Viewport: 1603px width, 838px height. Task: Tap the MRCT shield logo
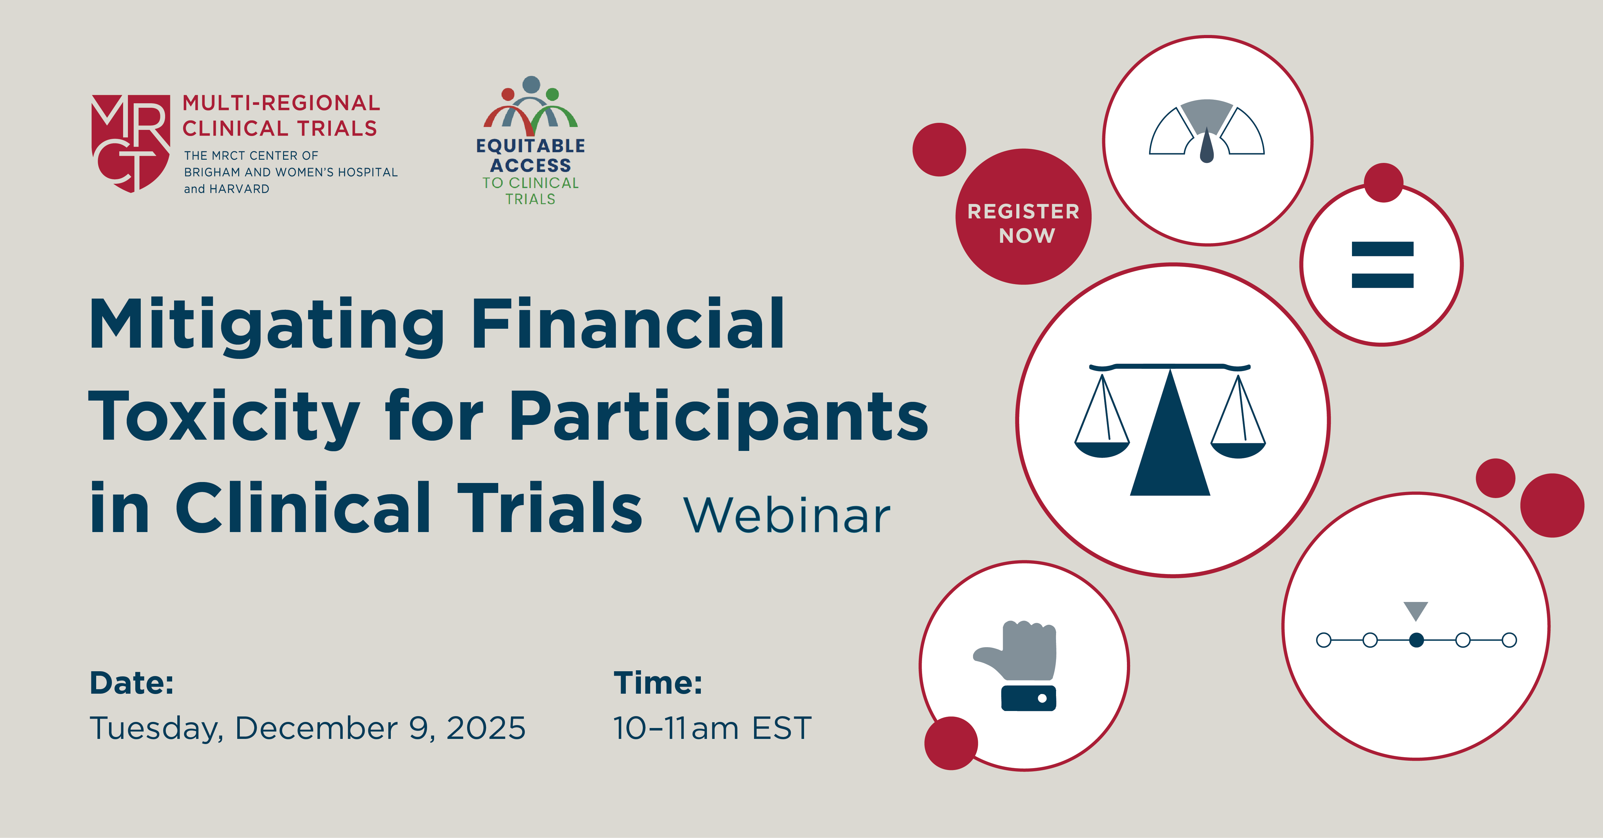point(131,143)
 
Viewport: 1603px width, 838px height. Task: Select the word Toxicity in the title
point(224,416)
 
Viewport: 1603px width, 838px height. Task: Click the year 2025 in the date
point(486,728)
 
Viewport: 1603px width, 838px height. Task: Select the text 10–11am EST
point(712,728)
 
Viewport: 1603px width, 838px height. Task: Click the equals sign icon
point(1383,265)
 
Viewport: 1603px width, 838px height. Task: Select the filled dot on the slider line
point(1416,640)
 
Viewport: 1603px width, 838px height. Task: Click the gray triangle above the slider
point(1416,610)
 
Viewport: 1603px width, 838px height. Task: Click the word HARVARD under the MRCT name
point(239,189)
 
